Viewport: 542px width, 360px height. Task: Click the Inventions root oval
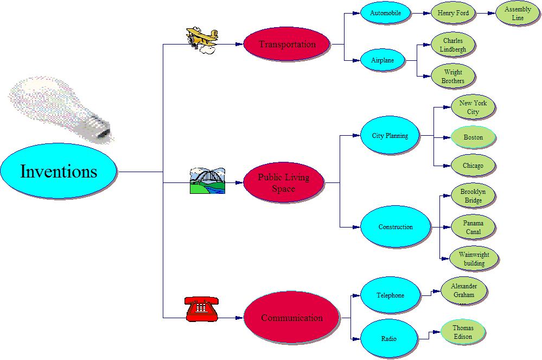click(x=59, y=172)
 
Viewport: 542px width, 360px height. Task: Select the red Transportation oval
click(x=287, y=44)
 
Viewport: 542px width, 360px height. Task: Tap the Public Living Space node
click(x=284, y=183)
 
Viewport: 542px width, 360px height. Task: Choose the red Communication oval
click(x=292, y=318)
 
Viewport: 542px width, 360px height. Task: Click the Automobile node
click(x=385, y=13)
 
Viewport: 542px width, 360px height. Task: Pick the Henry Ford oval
click(x=453, y=13)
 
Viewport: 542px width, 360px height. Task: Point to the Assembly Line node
click(x=518, y=14)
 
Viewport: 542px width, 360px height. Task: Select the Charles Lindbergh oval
click(x=453, y=45)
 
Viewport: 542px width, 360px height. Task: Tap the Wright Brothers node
click(x=453, y=77)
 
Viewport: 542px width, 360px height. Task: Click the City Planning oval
click(x=390, y=135)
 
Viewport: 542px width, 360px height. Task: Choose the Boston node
click(x=473, y=137)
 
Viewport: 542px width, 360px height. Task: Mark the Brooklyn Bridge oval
click(x=473, y=196)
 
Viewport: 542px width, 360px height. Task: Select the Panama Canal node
click(x=473, y=228)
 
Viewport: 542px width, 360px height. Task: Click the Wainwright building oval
click(x=474, y=259)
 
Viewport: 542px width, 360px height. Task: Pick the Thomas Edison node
click(x=463, y=332)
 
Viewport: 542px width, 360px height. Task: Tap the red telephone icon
click(x=201, y=309)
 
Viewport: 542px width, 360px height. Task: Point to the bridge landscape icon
click(x=207, y=181)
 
